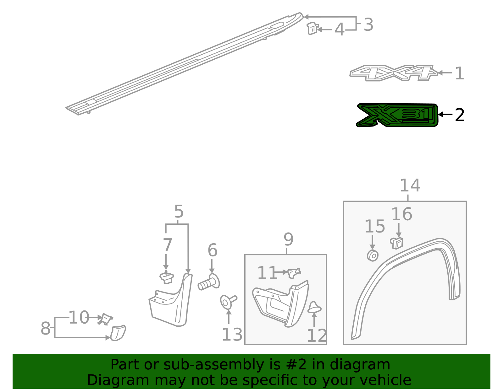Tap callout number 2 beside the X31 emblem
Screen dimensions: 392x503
[x=460, y=115]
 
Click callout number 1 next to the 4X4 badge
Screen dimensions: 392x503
[x=459, y=73]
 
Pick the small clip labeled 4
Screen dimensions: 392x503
[x=312, y=28]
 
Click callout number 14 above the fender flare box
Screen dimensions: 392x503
[x=410, y=185]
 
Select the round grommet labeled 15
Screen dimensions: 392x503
[x=373, y=255]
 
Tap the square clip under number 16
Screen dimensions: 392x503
[x=397, y=243]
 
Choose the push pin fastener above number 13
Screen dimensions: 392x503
[x=228, y=302]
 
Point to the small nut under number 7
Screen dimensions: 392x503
[x=166, y=278]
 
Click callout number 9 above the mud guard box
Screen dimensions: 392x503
[x=288, y=239]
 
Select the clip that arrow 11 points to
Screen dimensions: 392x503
[x=294, y=273]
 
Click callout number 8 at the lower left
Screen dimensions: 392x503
[x=46, y=328]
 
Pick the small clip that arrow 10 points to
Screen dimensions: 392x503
[x=106, y=319]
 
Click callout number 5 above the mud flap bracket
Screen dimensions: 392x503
[x=179, y=212]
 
